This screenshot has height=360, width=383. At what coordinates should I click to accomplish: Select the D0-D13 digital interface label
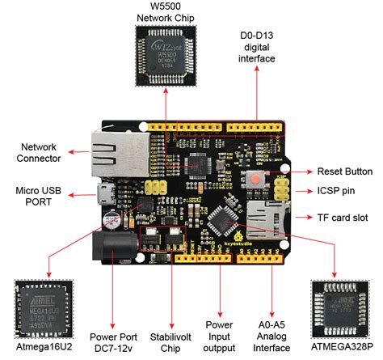coord(258,48)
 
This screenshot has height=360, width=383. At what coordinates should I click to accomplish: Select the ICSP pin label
coord(335,192)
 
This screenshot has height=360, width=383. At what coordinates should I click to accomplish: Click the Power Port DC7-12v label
coord(111,342)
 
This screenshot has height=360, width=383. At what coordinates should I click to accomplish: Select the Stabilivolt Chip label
coord(163,342)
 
